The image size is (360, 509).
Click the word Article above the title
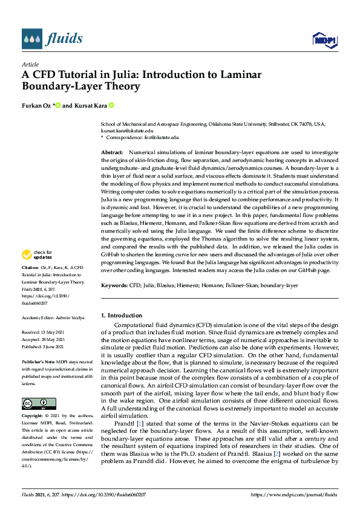coord(30,64)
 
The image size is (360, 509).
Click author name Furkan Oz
coord(38,106)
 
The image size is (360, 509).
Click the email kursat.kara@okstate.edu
coord(126,130)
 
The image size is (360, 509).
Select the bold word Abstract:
coord(111,152)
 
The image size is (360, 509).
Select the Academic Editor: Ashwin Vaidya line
coord(54,317)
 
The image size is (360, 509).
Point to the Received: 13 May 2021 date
coord(44,332)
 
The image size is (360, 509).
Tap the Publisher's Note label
coord(38,360)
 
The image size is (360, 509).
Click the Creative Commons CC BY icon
coord(39,403)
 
